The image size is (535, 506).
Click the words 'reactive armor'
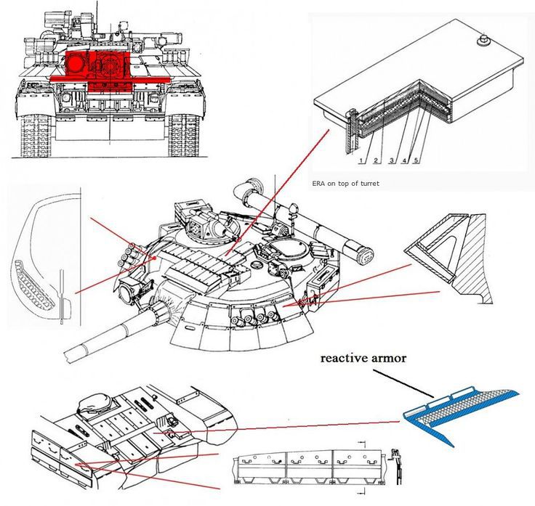coord(363,358)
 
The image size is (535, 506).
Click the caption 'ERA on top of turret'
coord(345,184)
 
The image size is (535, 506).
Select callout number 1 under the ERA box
coord(361,159)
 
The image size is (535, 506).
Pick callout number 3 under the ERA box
coord(391,159)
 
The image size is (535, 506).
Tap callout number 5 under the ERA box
coord(415,159)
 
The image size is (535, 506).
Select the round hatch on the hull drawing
coord(94,403)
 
